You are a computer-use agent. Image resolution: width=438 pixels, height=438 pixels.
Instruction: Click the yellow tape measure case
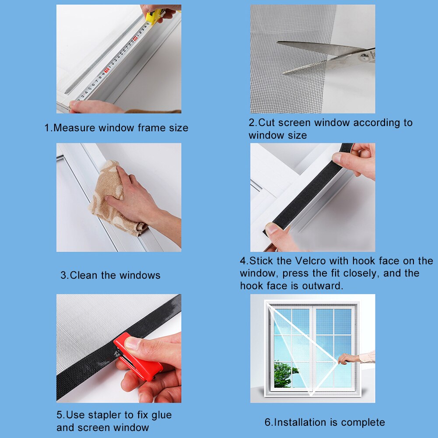154,16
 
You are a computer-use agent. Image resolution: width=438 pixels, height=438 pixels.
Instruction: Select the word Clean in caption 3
84,275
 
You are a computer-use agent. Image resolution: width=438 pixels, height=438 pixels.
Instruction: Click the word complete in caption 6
363,422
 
